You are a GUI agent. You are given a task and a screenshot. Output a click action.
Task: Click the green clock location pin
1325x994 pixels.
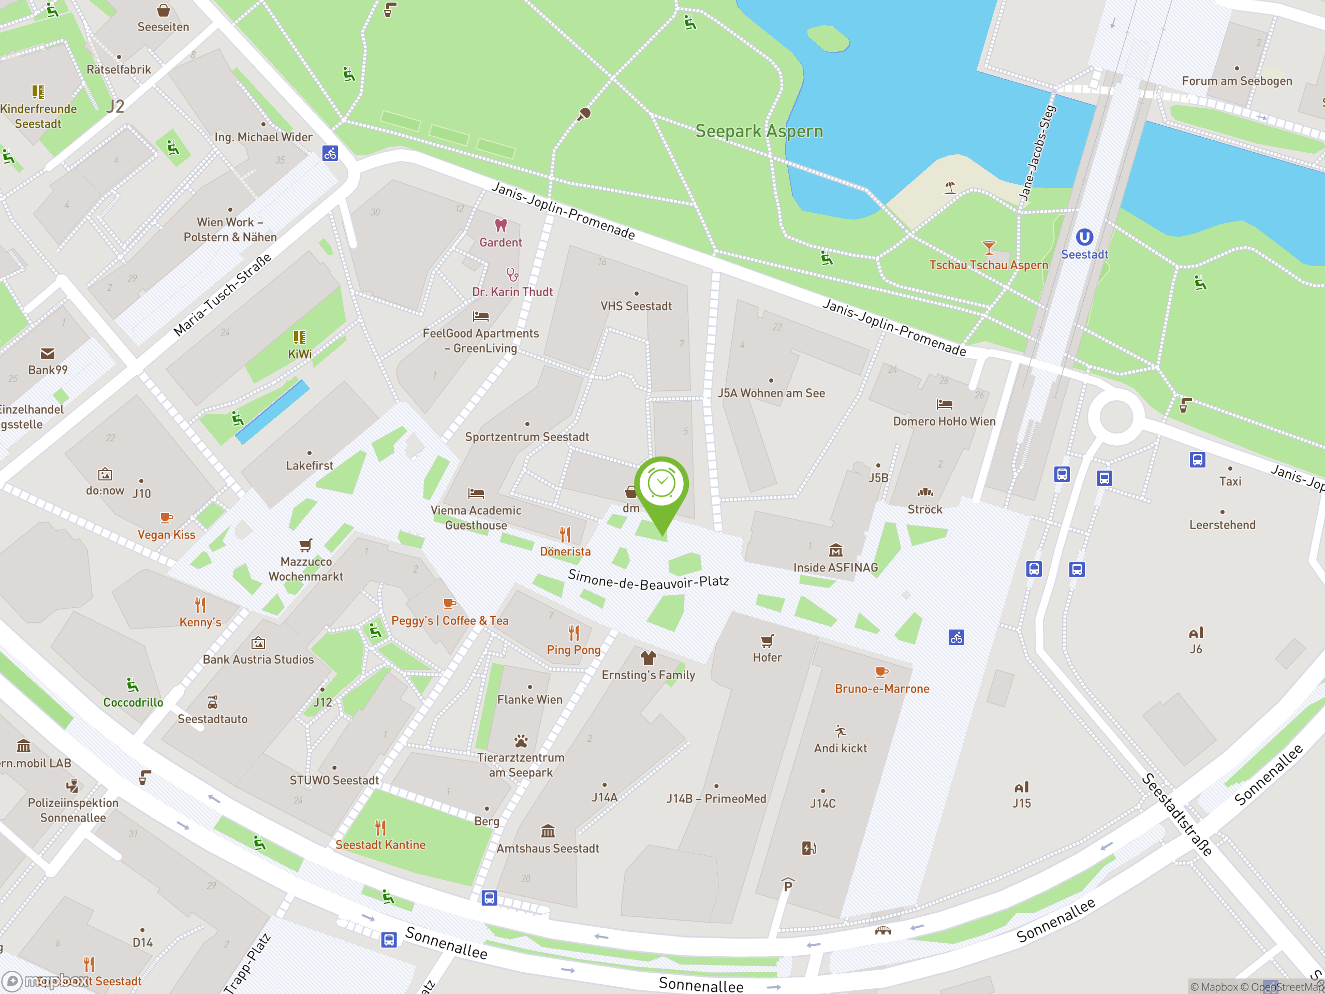tap(661, 485)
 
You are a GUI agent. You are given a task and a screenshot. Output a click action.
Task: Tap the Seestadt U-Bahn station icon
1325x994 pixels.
tap(1084, 237)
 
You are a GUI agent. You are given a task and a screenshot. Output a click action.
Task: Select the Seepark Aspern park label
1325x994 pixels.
tap(759, 131)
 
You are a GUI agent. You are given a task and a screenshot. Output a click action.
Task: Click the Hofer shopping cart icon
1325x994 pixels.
tap(768, 641)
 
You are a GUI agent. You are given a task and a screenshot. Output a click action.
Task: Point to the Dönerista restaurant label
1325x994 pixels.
tap(565, 552)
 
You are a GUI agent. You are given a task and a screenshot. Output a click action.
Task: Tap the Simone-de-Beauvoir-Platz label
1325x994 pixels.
tap(648, 580)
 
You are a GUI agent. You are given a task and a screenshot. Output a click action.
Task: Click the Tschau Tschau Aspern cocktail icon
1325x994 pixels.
tap(989, 247)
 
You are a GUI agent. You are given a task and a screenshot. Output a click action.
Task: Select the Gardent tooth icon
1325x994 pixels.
tap(501, 225)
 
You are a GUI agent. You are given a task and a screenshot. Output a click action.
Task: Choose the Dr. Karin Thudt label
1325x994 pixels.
tap(512, 293)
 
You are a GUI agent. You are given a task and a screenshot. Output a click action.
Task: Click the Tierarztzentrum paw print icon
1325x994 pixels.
tap(521, 741)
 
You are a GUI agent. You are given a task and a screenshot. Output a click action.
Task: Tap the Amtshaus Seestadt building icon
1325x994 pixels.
tap(548, 831)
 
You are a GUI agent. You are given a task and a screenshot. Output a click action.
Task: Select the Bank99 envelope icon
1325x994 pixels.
tap(47, 354)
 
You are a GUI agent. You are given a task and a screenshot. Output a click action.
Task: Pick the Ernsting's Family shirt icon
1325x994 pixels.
tap(648, 658)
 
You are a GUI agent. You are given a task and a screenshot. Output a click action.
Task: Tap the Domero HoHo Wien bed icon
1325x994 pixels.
tap(945, 404)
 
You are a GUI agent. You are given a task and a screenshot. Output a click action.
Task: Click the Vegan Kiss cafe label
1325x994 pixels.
tap(167, 535)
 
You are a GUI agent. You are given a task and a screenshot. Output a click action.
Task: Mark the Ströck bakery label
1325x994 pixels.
tap(925, 510)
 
